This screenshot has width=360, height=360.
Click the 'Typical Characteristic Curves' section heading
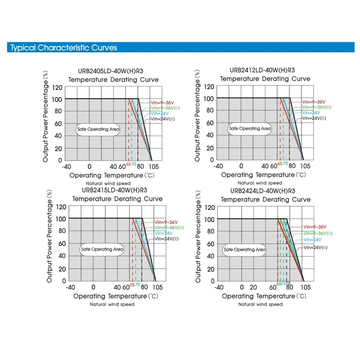click(x=63, y=48)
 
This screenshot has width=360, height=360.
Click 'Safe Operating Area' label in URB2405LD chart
click(x=99, y=129)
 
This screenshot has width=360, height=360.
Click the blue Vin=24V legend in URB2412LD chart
click(x=311, y=112)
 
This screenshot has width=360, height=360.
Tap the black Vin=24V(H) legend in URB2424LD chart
click(x=318, y=247)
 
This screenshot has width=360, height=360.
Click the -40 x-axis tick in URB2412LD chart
click(x=218, y=166)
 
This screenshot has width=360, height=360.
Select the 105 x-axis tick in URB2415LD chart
click(x=157, y=287)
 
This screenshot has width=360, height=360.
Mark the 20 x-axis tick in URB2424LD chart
click(x=253, y=287)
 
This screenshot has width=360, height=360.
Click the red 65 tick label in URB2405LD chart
click(x=128, y=165)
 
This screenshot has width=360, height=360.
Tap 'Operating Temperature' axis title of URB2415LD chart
click(x=110, y=296)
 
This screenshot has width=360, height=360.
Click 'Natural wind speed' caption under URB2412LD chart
click(x=260, y=183)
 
